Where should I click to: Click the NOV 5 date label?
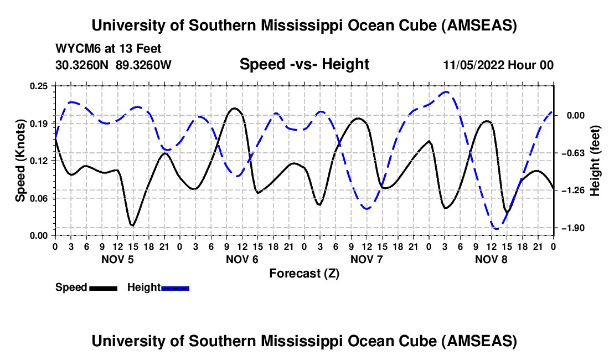click(117, 259)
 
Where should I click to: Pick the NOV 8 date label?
click(491, 259)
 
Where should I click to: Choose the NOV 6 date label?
click(242, 259)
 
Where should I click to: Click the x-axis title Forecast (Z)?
click(304, 273)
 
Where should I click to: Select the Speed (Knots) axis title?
click(20, 161)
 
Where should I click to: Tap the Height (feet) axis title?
click(595, 161)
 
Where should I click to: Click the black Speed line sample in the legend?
click(102, 288)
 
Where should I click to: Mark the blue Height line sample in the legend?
click(175, 288)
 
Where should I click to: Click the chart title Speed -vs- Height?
click(304, 64)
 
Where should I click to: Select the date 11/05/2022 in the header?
click(472, 65)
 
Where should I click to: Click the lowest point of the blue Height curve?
click(496, 228)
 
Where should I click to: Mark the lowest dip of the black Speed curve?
click(132, 225)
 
